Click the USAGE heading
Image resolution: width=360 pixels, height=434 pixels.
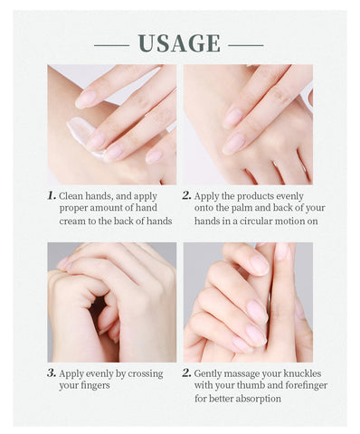click(179, 42)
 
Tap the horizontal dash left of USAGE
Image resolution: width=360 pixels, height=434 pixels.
click(111, 43)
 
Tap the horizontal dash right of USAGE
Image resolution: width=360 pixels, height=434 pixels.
click(246, 43)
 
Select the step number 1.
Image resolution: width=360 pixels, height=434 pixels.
click(52, 194)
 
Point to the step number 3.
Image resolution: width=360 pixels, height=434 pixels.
click(52, 372)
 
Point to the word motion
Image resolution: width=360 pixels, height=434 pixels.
click(296, 222)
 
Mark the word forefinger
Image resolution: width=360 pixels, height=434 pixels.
click(306, 385)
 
